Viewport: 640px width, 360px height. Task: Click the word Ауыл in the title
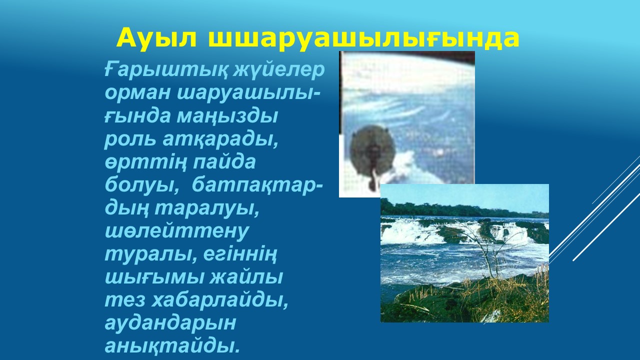[x=156, y=38]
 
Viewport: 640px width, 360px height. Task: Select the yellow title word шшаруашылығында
[x=363, y=38]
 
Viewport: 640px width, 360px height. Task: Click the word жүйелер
[x=279, y=69]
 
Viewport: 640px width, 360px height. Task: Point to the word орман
[x=137, y=93]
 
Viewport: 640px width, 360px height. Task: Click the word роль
[x=130, y=139]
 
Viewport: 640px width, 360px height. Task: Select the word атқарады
[x=220, y=139]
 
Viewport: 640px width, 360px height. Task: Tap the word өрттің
[x=145, y=162]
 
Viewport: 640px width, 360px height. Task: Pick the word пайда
[x=224, y=162]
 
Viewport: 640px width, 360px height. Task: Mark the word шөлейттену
[x=177, y=231]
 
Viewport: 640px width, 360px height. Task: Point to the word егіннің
[x=240, y=255]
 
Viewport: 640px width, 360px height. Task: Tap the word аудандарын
[x=170, y=323]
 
